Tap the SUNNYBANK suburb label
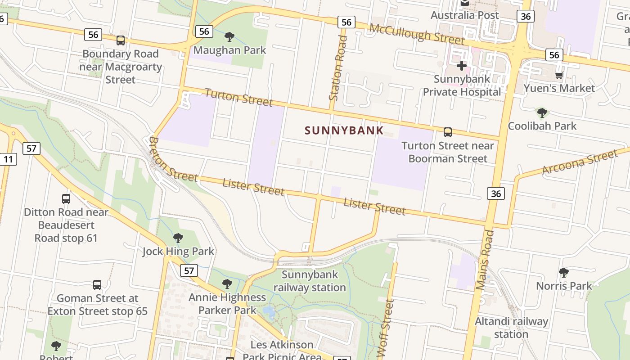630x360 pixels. [344, 131]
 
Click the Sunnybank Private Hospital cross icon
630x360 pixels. [461, 66]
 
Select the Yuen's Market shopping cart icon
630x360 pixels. [559, 75]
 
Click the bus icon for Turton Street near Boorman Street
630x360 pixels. [447, 132]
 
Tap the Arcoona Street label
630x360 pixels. [580, 163]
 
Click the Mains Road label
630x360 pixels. [485, 260]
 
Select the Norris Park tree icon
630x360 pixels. [563, 273]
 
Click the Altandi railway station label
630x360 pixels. [511, 328]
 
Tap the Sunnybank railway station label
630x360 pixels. [310, 281]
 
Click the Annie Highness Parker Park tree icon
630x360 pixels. [227, 284]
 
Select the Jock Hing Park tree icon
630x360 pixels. [178, 238]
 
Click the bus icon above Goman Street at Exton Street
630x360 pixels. [97, 285]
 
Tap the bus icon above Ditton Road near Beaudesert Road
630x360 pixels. [66, 198]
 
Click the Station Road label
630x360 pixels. [338, 67]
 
